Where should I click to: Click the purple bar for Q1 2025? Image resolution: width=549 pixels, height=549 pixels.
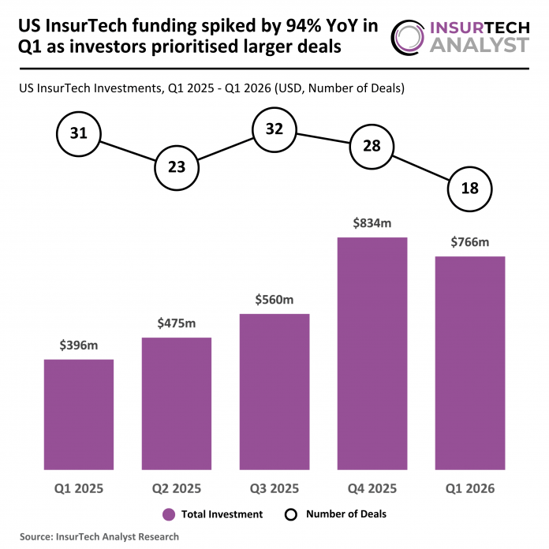pyautogui.click(x=79, y=414)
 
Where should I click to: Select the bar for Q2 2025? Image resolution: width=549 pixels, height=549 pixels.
pyautogui.click(x=177, y=403)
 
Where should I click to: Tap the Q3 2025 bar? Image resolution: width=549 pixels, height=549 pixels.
pyautogui.click(x=274, y=391)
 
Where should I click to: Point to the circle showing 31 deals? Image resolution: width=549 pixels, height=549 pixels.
pyautogui.click(x=79, y=133)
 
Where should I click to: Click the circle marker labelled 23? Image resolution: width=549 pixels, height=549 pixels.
pyautogui.click(x=177, y=166)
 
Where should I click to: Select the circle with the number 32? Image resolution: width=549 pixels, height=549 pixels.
pyautogui.click(x=274, y=129)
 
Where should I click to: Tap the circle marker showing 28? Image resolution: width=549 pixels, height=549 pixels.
pyautogui.click(x=372, y=148)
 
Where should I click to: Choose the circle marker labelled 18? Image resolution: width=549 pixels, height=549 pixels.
pyautogui.click(x=470, y=189)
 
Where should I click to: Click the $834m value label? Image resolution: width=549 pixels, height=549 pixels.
pyautogui.click(x=372, y=223)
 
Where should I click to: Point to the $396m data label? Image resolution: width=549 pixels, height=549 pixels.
pyautogui.click(x=79, y=345)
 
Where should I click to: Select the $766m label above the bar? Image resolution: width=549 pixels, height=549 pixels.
pyautogui.click(x=470, y=242)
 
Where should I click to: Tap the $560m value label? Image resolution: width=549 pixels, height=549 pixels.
pyautogui.click(x=274, y=300)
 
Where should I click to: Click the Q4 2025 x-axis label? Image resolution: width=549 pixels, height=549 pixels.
pyautogui.click(x=372, y=489)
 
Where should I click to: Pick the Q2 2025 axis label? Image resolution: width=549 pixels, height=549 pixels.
pyautogui.click(x=177, y=489)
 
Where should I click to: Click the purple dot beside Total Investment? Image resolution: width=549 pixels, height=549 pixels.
pyautogui.click(x=169, y=514)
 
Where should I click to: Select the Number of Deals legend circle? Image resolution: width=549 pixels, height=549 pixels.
pyautogui.click(x=290, y=514)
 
